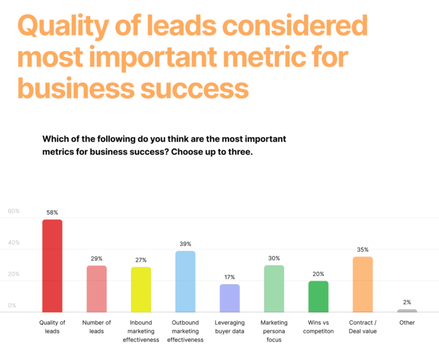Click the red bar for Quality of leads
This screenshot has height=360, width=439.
[52, 266]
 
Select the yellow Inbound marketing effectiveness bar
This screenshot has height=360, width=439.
[141, 290]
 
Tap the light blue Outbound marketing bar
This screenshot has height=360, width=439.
[185, 281]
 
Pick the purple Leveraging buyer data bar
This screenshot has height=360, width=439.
[229, 298]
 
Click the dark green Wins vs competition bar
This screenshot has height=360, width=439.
[318, 297]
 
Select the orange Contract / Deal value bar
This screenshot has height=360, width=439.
[363, 285]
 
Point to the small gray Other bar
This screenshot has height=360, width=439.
[407, 311]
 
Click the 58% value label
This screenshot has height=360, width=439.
[52, 213]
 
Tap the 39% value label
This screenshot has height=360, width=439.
[185, 244]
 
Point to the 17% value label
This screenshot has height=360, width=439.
[229, 277]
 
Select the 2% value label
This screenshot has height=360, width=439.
[407, 302]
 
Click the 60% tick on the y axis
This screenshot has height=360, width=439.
[14, 211]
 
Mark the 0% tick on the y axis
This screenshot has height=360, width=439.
[12, 305]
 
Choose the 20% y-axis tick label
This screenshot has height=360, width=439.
[14, 274]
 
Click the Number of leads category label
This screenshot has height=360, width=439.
[96, 327]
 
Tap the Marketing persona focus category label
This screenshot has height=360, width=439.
[274, 331]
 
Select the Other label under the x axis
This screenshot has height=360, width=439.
[407, 323]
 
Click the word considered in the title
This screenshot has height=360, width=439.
[295, 26]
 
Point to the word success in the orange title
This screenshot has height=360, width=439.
[194, 88]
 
